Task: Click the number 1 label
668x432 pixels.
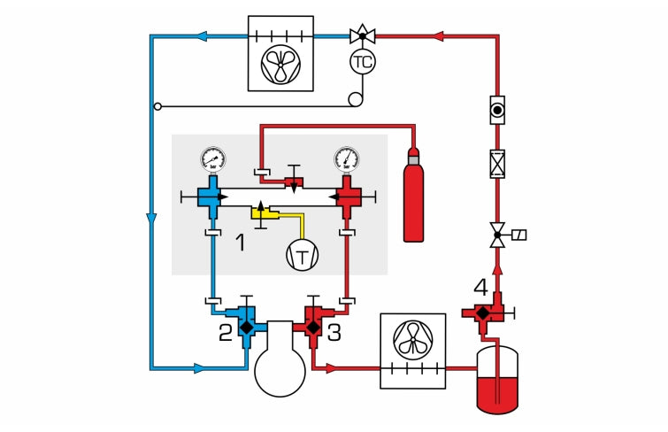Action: click(239, 242)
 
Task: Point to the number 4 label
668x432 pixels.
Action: click(480, 287)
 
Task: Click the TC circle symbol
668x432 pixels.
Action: click(363, 62)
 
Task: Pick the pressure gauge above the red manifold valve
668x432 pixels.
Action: click(347, 159)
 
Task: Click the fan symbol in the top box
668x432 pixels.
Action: click(280, 63)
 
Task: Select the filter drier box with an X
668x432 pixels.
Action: click(497, 165)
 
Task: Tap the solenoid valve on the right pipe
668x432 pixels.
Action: click(498, 237)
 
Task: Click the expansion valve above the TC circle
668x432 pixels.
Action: click(361, 36)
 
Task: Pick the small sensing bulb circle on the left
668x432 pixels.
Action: click(157, 106)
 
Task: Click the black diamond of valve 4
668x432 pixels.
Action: click(481, 312)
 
